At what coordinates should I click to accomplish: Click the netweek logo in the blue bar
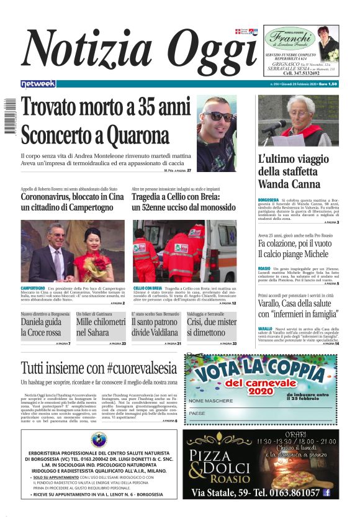coord(38,84)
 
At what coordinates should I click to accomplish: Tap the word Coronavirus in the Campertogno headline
coord(45,197)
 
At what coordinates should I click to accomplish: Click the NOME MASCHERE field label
coord(209,401)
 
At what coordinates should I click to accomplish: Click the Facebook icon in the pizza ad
coord(326,493)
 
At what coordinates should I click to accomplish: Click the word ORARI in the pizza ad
coord(290,434)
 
